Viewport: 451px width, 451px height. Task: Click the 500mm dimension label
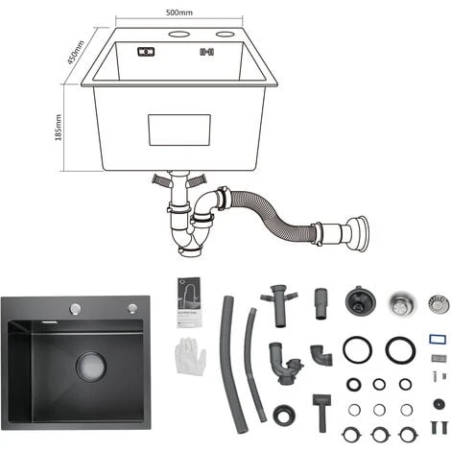pyautogui.click(x=179, y=12)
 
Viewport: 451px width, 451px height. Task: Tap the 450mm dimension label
pyautogui.click(x=76, y=52)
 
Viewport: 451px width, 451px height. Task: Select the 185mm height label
pyautogui.click(x=59, y=128)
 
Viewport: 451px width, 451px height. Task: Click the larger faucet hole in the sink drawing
pyautogui.click(x=179, y=34)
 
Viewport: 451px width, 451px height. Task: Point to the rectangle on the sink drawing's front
pyautogui.click(x=179, y=130)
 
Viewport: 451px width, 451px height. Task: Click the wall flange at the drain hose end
pyautogui.click(x=358, y=233)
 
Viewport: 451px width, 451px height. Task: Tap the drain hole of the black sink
pyautogui.click(x=91, y=367)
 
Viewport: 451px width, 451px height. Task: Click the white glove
pyautogui.click(x=191, y=356)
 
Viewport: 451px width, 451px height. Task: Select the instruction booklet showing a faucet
pyautogui.click(x=189, y=302)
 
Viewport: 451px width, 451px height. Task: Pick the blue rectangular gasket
pyautogui.click(x=438, y=339)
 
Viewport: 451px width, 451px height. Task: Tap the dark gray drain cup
pyautogui.click(x=360, y=300)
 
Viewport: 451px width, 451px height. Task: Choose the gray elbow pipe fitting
pyautogui.click(x=320, y=355)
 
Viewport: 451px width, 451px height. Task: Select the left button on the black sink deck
pyautogui.click(x=76, y=309)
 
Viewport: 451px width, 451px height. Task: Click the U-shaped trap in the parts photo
pyautogui.click(x=284, y=363)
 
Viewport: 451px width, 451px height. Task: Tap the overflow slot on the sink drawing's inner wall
pyautogui.click(x=146, y=52)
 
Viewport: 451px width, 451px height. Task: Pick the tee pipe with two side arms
pyautogui.click(x=278, y=305)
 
